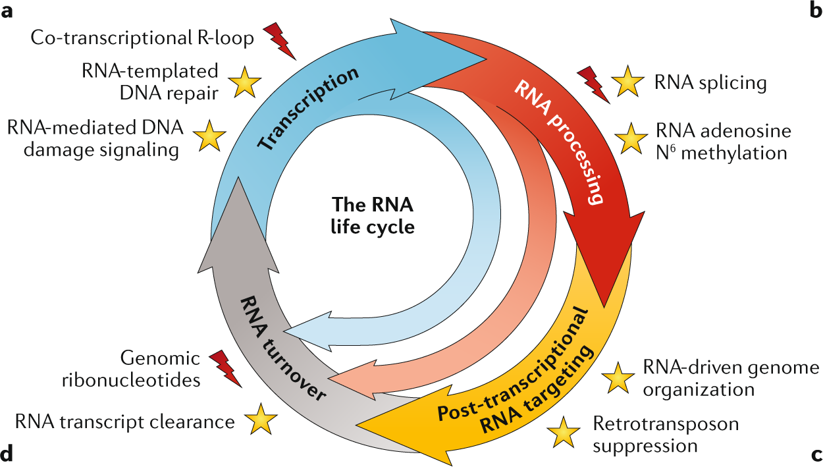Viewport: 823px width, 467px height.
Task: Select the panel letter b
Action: pos(814,11)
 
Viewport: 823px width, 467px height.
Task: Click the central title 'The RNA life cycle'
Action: pos(373,215)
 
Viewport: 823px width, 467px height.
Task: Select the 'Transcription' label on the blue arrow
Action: pos(308,108)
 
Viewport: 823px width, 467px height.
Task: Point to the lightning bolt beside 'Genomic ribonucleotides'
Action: pos(225,369)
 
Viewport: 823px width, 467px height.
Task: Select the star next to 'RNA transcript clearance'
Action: pos(261,420)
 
